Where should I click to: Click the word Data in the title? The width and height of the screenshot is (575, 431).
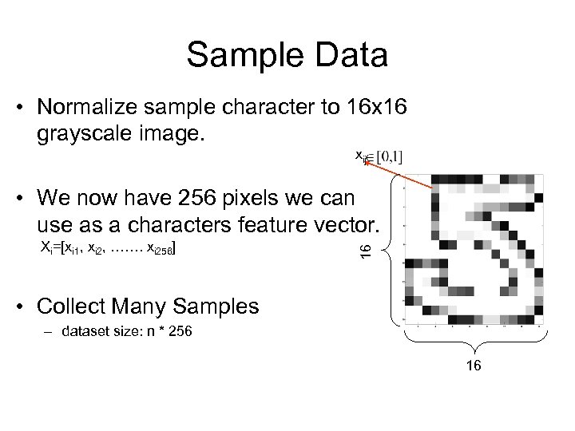(x=349, y=57)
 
